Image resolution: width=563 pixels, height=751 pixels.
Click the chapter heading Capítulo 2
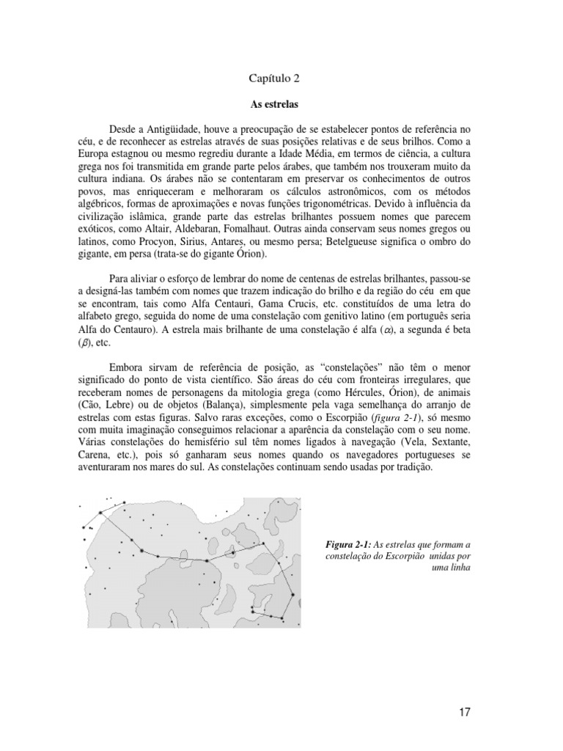click(274, 77)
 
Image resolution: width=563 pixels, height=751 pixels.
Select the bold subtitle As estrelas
click(274, 105)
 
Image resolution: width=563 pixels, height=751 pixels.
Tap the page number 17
click(465, 712)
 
